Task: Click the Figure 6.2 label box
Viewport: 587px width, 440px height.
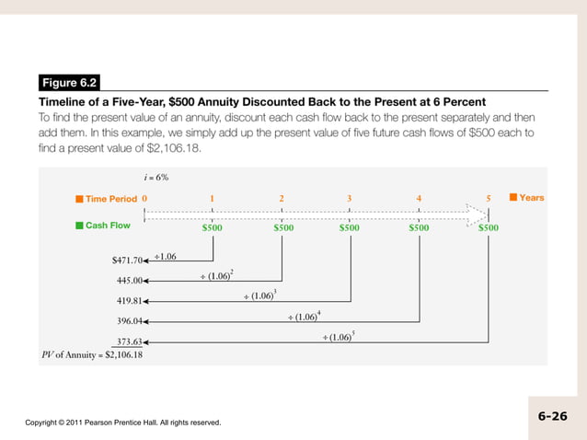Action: [70, 83]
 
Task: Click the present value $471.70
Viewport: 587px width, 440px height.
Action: [127, 260]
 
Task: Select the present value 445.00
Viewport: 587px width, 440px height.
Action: [129, 280]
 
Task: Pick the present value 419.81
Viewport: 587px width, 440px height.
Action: [129, 301]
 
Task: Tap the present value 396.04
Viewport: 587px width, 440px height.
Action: [129, 321]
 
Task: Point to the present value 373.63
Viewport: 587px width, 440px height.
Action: [129, 342]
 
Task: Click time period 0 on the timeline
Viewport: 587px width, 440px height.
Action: [144, 198]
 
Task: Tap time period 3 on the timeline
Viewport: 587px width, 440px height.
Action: [350, 198]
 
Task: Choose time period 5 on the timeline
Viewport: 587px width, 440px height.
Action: [489, 198]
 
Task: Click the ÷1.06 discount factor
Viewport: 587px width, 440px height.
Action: [166, 256]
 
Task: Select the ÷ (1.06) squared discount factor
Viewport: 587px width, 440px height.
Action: [216, 275]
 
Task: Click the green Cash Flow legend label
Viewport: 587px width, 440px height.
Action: [106, 226]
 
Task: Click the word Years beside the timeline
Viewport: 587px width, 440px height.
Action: [531, 197]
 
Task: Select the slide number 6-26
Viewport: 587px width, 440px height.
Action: [552, 416]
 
